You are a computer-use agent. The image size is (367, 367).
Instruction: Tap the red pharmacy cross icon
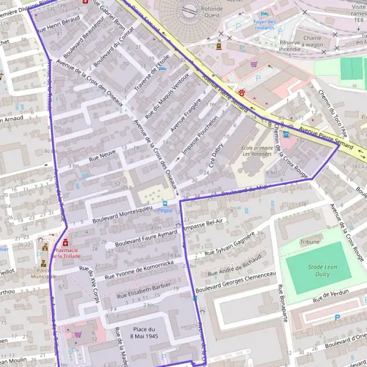point(65,243)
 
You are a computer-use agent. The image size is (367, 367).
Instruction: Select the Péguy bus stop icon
point(164,203)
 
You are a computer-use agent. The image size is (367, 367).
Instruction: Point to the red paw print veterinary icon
point(243,93)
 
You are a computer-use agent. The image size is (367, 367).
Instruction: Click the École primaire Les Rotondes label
point(255,150)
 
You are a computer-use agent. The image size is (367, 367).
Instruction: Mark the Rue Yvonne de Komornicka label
point(139,270)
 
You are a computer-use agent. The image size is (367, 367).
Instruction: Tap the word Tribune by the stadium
point(310,242)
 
